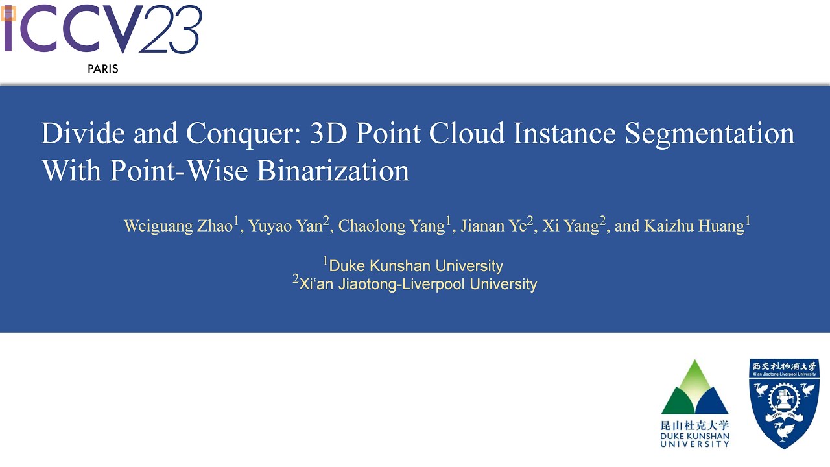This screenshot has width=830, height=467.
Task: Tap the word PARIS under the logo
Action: point(103,69)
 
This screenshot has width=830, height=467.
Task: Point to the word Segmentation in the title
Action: point(709,134)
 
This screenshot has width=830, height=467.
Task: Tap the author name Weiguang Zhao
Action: point(179,226)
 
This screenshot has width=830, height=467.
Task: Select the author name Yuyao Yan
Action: point(286,226)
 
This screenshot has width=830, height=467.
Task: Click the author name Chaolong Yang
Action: point(392,226)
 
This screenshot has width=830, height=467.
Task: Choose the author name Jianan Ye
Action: point(493,226)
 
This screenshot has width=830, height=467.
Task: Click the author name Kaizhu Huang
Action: point(679,226)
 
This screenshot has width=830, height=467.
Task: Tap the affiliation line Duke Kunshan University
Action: point(416,266)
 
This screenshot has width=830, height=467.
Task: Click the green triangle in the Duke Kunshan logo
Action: point(694,379)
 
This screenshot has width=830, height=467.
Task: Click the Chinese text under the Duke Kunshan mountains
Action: point(694,425)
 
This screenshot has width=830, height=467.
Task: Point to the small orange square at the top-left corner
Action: point(8,13)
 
